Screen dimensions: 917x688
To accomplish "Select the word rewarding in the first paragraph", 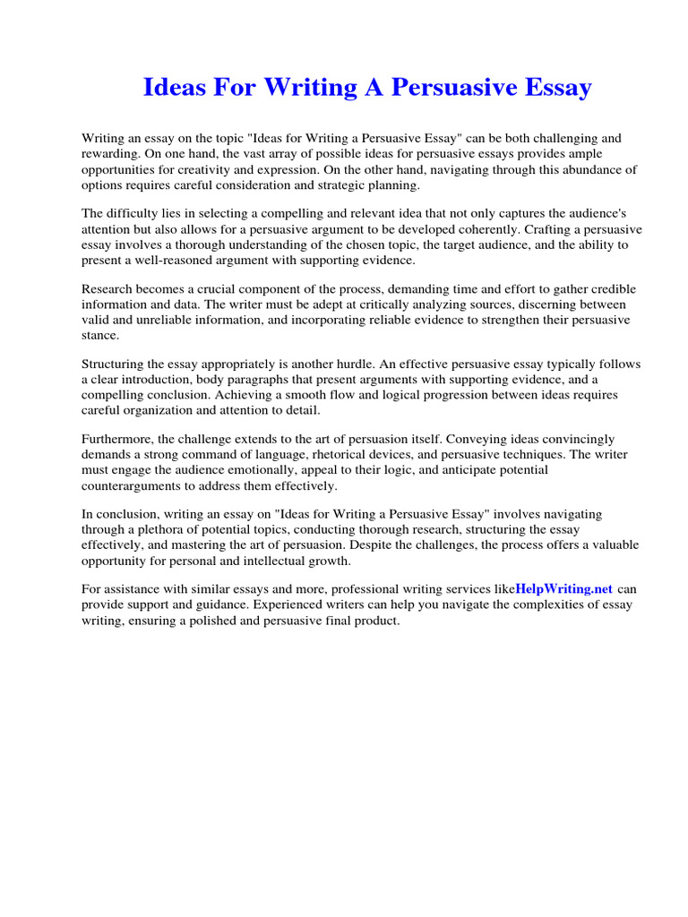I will click(110, 154).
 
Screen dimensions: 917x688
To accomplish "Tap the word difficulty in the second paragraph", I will click(134, 214).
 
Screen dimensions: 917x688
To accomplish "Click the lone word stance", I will click(100, 335).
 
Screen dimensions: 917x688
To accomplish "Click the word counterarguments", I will click(135, 485).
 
